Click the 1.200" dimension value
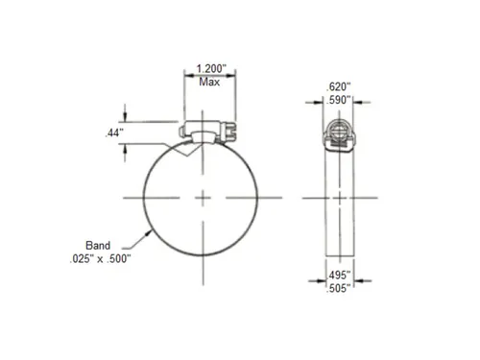[211, 68]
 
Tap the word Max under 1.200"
[209, 82]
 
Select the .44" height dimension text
[114, 132]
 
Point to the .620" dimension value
[338, 86]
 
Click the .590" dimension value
[338, 100]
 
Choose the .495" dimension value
[339, 275]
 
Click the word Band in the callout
[98, 246]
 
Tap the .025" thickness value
[82, 259]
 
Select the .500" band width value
[119, 259]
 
